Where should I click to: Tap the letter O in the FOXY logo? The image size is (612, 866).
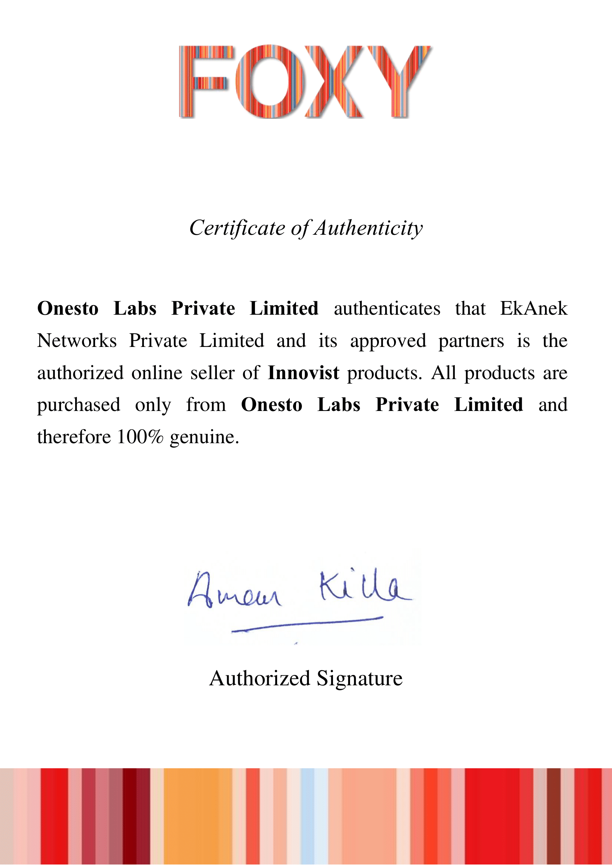[269, 81]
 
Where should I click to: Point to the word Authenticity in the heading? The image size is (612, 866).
[368, 228]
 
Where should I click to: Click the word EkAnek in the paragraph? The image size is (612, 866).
[533, 308]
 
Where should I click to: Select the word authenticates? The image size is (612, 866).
[387, 308]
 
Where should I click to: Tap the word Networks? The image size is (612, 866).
[77, 341]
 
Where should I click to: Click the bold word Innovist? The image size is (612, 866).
[303, 373]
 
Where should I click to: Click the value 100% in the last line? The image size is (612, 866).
[140, 437]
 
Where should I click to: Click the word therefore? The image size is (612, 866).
[74, 437]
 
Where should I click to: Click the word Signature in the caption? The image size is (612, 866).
[359, 679]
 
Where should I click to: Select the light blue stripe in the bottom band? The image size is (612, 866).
[308, 817]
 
